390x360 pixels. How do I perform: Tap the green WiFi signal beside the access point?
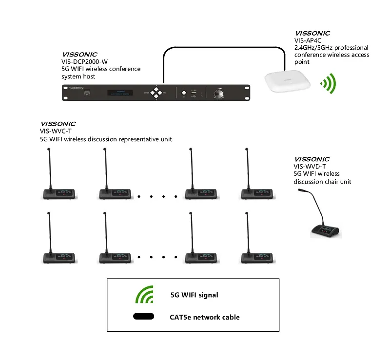tap(328, 83)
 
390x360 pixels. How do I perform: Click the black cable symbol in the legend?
tap(143, 317)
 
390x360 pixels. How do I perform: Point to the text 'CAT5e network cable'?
tap(204, 317)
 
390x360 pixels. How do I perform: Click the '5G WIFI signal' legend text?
tap(194, 295)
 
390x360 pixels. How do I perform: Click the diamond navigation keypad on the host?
tap(156, 93)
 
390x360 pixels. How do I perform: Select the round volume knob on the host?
tap(218, 92)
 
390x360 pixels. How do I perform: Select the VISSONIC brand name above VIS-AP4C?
tap(312, 34)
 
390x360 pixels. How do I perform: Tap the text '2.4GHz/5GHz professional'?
tap(331, 48)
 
